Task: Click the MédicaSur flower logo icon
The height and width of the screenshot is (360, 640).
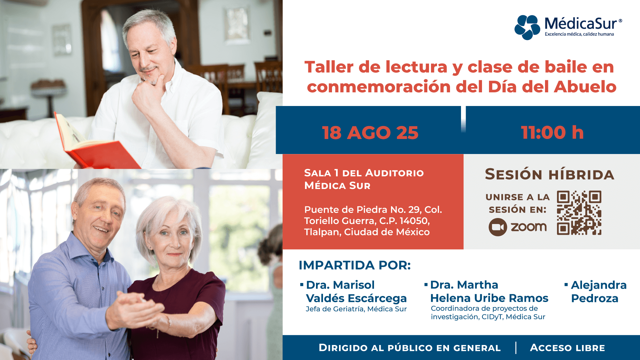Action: click(527, 27)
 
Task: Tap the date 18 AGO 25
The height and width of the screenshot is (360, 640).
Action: click(370, 133)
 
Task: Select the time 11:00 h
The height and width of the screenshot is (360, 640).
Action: click(552, 132)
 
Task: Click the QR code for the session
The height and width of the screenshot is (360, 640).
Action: click(579, 213)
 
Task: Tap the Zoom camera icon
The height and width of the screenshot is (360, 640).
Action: click(498, 227)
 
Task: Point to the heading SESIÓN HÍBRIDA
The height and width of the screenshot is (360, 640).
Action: click(549, 174)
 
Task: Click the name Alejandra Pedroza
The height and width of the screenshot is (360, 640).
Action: click(599, 292)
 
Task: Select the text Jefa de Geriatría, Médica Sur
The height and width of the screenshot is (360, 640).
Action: click(356, 309)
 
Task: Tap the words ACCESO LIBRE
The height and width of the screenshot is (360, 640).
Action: click(567, 348)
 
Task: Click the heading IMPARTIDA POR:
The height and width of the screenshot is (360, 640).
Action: click(355, 265)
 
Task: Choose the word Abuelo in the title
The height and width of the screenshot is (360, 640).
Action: click(585, 87)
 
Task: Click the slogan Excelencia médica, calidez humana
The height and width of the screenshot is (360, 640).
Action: click(579, 34)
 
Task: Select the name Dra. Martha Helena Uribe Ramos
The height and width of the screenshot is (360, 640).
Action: click(489, 291)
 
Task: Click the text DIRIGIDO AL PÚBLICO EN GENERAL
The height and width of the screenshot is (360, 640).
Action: click(410, 348)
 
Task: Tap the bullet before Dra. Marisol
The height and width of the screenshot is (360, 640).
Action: click(302, 285)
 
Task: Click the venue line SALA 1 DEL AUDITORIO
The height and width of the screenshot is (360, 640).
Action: click(364, 173)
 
